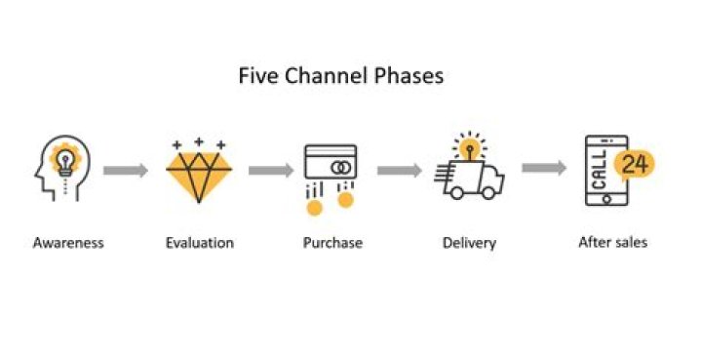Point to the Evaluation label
199,242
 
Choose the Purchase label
331,242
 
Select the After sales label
612,241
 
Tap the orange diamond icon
199,174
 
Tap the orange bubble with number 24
635,163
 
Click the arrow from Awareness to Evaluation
126,171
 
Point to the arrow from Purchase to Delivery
399,171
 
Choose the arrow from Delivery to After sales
543,168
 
